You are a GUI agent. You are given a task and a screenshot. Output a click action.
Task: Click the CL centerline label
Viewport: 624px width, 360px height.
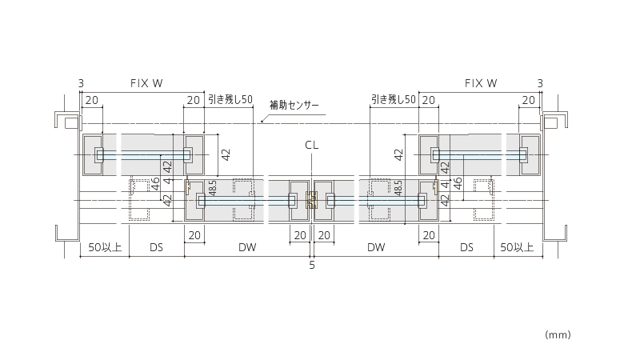[312, 145]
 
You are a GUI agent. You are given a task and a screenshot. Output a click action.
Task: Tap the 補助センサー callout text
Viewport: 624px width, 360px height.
[294, 106]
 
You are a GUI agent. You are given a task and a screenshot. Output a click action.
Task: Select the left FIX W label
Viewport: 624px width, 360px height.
[146, 83]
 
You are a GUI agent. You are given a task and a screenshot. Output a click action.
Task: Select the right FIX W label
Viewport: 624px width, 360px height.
[481, 83]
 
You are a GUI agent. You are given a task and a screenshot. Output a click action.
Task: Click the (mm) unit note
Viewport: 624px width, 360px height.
[558, 335]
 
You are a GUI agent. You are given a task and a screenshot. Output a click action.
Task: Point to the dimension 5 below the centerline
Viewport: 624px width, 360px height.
[312, 265]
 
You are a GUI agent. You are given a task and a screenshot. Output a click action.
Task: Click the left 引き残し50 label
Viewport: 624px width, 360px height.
[230, 99]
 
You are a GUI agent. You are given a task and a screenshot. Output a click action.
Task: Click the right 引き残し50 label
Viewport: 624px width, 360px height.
[393, 99]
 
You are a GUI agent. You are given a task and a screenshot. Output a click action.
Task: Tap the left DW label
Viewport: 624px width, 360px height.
[247, 247]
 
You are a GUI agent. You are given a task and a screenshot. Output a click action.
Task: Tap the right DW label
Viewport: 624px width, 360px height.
[376, 247]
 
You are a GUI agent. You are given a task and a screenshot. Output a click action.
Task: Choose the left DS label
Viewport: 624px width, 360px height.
[156, 247]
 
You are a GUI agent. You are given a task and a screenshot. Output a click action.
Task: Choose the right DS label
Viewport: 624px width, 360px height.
[466, 247]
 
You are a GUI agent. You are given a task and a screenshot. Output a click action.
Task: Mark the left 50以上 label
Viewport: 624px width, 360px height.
[105, 247]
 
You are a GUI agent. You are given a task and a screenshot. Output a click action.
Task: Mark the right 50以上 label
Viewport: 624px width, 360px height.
[517, 247]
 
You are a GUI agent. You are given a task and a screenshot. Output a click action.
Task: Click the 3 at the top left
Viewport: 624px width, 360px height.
[81, 83]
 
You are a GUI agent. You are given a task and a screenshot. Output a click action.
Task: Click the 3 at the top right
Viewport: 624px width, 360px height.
[540, 83]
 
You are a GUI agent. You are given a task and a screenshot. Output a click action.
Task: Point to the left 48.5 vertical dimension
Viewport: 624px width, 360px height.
[213, 188]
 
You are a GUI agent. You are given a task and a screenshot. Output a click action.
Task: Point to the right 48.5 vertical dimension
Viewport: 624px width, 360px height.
[398, 188]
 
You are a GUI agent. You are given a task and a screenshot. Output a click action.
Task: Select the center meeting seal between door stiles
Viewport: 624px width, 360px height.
[312, 200]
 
